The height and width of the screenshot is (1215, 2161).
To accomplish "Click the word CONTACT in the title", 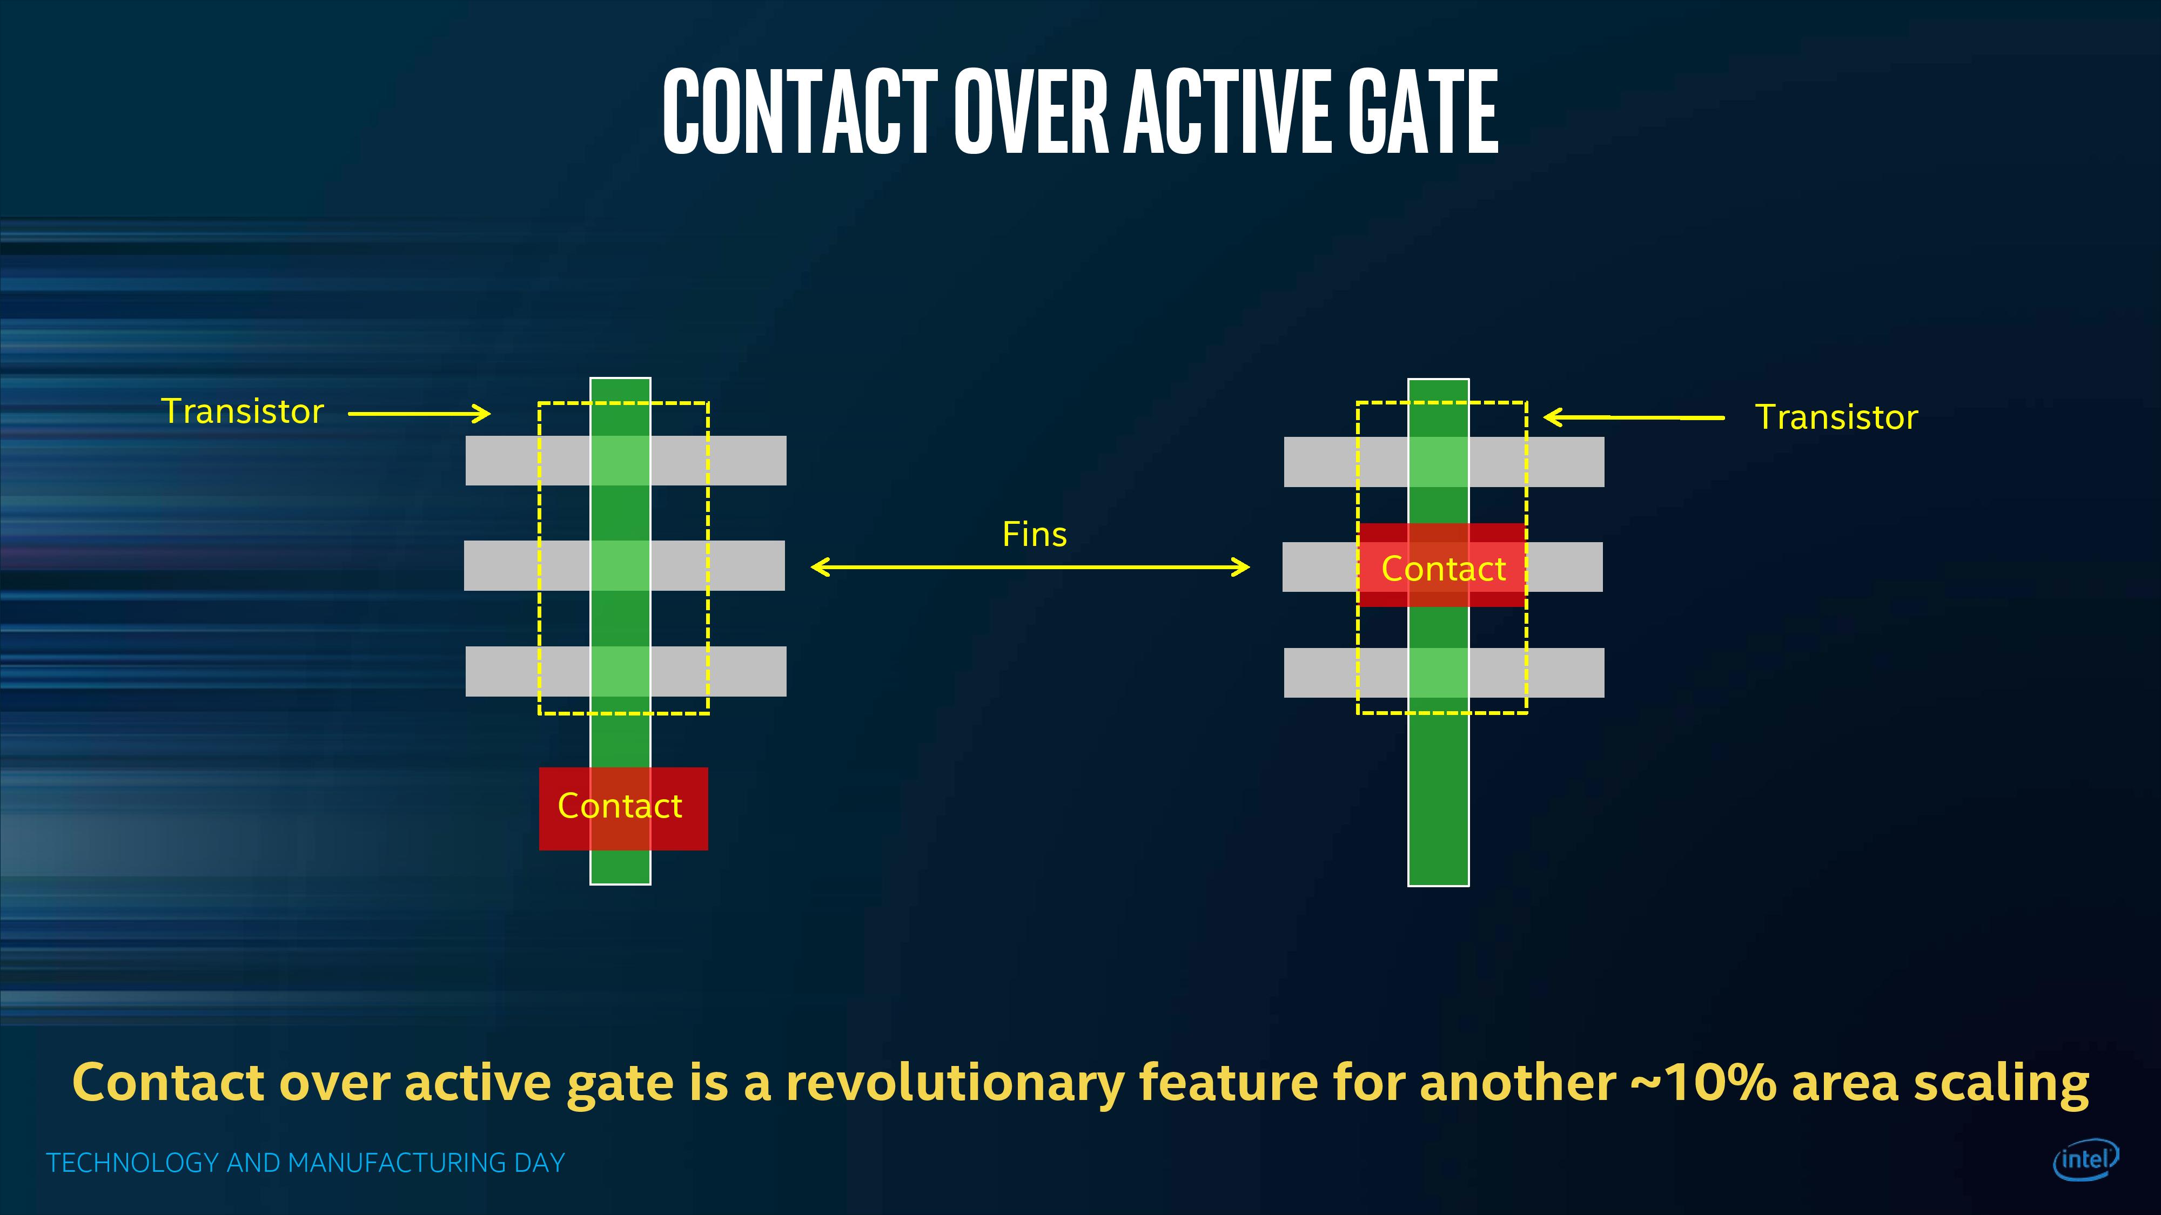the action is pos(800,112).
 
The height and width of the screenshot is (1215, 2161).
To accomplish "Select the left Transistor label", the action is pos(243,411).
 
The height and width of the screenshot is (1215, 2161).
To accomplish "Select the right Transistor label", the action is pos(1836,417).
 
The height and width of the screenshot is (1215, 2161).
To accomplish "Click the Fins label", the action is pos(1035,534).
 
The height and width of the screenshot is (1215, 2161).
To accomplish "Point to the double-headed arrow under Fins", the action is pos(1030,568).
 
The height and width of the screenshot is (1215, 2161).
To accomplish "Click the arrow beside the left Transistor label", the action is pos(419,414).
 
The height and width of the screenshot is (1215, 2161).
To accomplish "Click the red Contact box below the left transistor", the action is pos(623,808).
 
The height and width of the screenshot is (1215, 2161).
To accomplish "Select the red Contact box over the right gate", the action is pos(1442,565).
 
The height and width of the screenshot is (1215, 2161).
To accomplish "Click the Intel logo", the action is pos(2085,1160).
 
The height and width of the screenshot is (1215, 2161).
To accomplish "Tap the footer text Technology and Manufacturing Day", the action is pos(305,1163).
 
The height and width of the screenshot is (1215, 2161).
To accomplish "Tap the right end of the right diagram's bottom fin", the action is pos(1603,672).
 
